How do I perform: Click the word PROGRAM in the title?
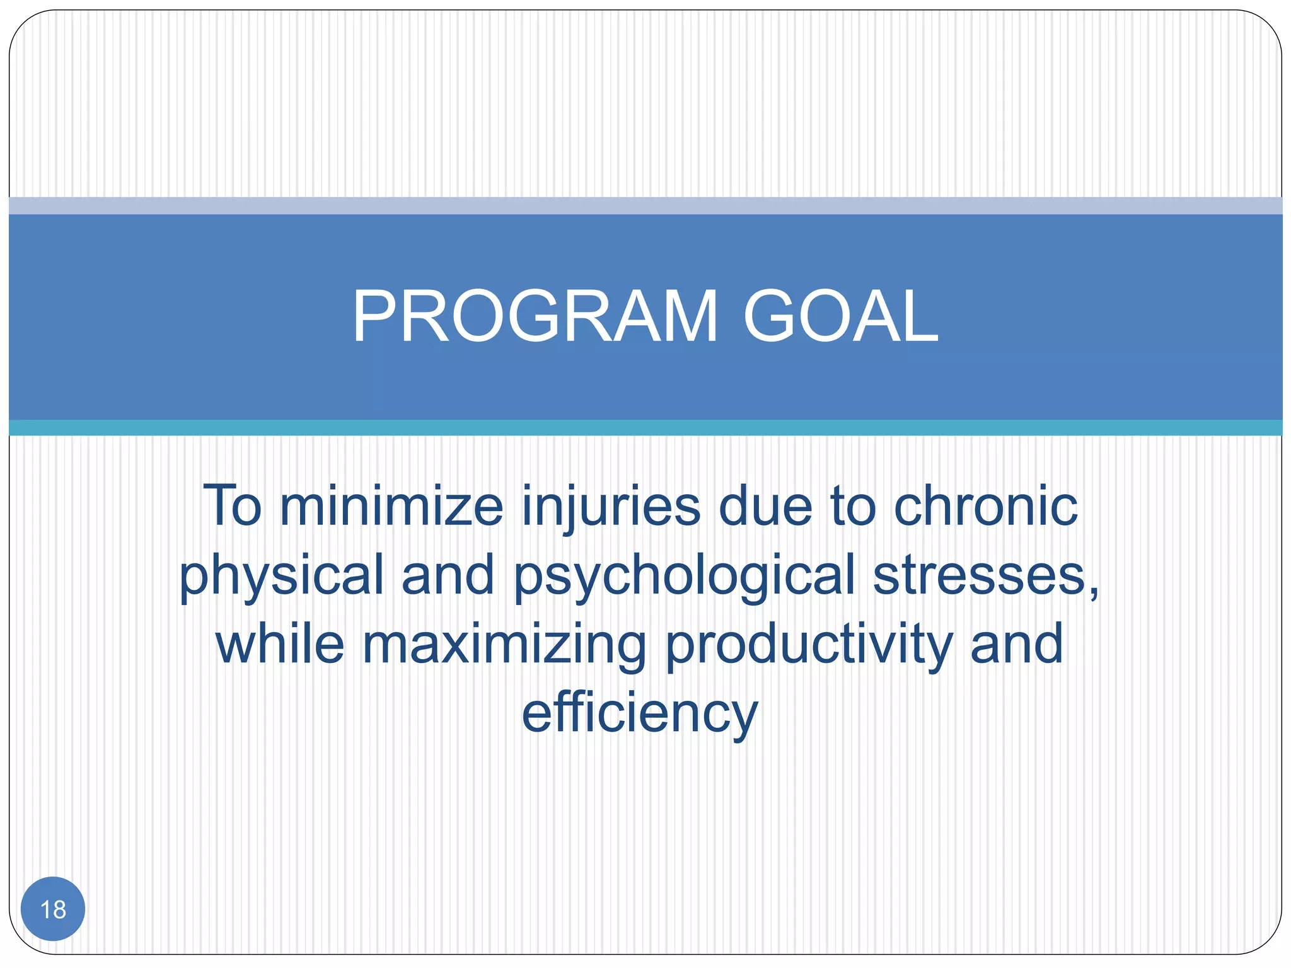pyautogui.click(x=535, y=316)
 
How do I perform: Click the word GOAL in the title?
pyautogui.click(x=840, y=316)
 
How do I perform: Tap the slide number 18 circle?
pyautogui.click(x=53, y=909)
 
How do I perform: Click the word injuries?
pyautogui.click(x=611, y=507)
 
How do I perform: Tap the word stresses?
pyautogui.click(x=980, y=575)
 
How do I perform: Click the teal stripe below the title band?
pyautogui.click(x=645, y=428)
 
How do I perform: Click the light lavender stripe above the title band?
pyautogui.click(x=645, y=205)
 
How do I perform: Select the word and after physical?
pyautogui.click(x=448, y=575)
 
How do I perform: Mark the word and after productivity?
pyautogui.click(x=1016, y=643)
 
